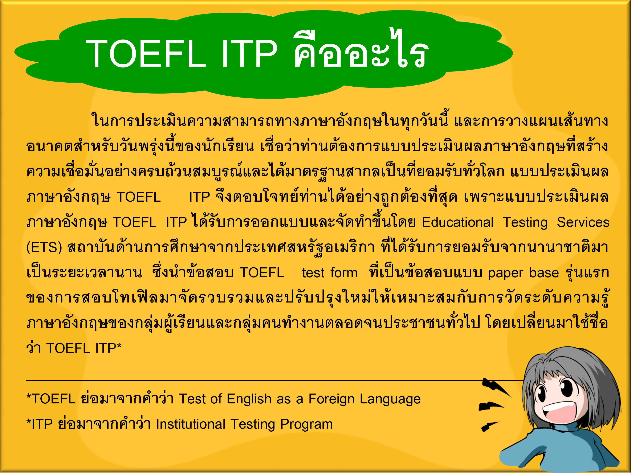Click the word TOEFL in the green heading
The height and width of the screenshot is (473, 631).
coord(146,54)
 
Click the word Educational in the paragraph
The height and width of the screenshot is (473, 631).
coord(457,222)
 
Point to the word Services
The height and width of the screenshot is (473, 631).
coord(583,222)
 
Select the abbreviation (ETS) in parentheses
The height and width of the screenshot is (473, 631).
coord(44,247)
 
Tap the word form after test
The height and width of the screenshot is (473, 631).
coord(344,273)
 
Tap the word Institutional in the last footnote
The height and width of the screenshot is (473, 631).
coord(191,424)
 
